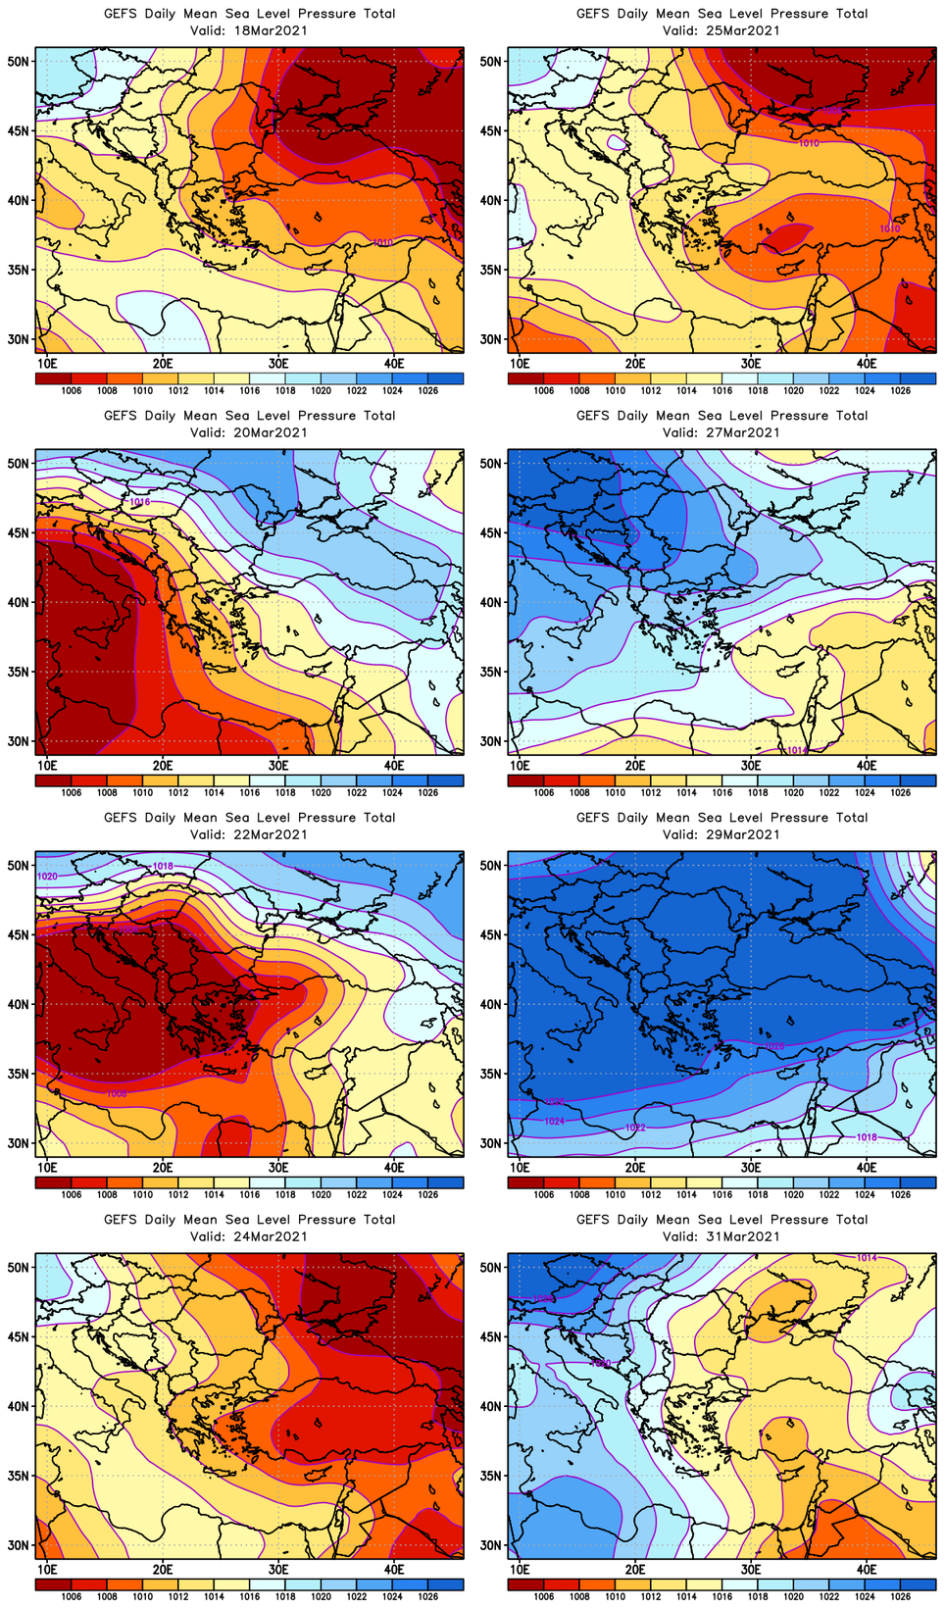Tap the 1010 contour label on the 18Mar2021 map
383,242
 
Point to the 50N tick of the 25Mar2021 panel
491,61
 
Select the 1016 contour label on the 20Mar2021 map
140,502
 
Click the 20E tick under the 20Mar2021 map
163,765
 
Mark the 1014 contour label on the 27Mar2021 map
796,750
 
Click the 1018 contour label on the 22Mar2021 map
163,867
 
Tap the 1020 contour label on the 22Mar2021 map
47,876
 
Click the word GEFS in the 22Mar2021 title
121,818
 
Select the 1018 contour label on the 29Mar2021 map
867,1137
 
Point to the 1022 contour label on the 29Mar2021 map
635,1128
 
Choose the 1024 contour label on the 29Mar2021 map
555,1121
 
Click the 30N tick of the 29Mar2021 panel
491,1143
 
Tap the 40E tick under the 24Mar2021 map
394,1569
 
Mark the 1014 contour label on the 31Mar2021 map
867,1258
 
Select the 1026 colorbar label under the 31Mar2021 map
900,1597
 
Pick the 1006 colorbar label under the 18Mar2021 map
72,391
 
